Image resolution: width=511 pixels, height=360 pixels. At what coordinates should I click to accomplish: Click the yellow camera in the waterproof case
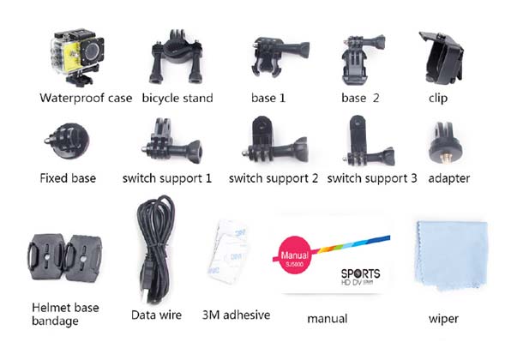click(x=77, y=57)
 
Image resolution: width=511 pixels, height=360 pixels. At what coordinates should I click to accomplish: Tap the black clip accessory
click(x=442, y=57)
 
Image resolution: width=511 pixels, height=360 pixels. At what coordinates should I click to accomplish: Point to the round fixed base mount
click(x=68, y=141)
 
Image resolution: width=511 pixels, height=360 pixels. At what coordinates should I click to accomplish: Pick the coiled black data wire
click(x=157, y=249)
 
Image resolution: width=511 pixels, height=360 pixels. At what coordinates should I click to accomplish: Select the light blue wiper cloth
click(x=451, y=255)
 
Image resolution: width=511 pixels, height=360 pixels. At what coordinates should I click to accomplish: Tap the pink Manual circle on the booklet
click(x=295, y=255)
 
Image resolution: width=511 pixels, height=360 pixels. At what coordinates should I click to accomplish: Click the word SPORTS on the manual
click(x=360, y=273)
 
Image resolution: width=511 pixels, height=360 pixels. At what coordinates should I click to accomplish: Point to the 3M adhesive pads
click(x=228, y=251)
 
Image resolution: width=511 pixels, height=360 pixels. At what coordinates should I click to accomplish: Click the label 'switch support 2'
click(x=274, y=178)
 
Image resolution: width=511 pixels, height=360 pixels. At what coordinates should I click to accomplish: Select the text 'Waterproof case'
click(x=86, y=98)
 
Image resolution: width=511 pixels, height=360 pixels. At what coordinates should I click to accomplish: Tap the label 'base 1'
click(x=268, y=98)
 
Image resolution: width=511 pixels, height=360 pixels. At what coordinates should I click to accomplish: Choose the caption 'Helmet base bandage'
click(x=65, y=314)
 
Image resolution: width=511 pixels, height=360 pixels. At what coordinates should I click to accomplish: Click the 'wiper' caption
click(x=443, y=319)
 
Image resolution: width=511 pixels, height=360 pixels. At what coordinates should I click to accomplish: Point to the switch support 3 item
click(x=369, y=141)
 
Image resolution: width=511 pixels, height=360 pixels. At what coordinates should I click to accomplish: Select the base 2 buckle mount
click(x=362, y=59)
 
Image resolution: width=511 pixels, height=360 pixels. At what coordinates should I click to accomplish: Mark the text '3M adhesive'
click(x=237, y=315)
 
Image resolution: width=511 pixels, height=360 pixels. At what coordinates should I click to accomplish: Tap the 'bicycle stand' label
click(x=177, y=98)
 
